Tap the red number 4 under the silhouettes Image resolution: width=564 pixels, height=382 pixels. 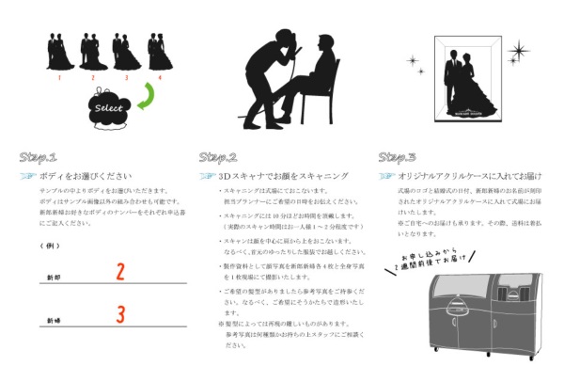(x=160, y=77)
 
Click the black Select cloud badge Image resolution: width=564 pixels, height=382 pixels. (x=108, y=107)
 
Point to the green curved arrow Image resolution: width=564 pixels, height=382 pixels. (x=145, y=97)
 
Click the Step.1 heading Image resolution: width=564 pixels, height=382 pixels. (x=39, y=156)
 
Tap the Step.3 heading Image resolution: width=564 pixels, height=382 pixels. (x=397, y=156)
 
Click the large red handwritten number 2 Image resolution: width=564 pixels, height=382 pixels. (x=120, y=272)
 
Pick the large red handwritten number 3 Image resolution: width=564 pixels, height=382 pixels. (x=120, y=314)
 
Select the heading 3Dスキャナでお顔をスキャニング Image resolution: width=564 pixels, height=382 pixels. (x=273, y=176)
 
